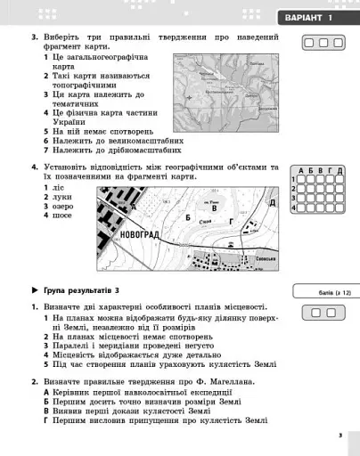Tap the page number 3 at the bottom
click(340, 435)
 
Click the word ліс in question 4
click(58, 188)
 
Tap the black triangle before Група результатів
click(34, 291)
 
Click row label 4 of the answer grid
click(293, 207)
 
